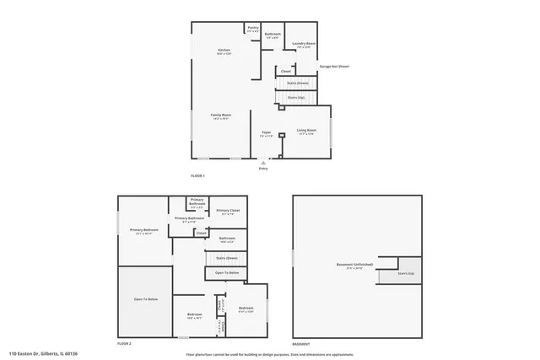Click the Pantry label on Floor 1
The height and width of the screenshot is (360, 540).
[253, 28]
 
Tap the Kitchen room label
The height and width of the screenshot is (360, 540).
[224, 51]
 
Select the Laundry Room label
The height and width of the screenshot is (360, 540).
[304, 44]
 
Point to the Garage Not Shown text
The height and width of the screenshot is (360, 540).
[333, 66]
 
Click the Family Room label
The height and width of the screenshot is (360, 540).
[221, 116]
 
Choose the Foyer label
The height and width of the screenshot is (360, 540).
[266, 132]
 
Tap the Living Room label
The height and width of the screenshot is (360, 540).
[306, 130]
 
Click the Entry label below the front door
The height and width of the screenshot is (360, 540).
[263, 169]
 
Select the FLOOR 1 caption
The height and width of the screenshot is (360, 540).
[198, 175]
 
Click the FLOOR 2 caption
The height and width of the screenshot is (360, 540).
[125, 344]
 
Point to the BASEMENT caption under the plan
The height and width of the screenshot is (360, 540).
[300, 344]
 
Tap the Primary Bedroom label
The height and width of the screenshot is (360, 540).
[144, 230]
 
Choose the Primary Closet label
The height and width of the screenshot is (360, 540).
[228, 211]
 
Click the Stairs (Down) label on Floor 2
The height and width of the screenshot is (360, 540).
[226, 257]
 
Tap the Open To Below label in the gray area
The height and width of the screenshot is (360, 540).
[144, 299]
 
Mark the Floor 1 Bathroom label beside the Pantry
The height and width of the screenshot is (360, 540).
[273, 34]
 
